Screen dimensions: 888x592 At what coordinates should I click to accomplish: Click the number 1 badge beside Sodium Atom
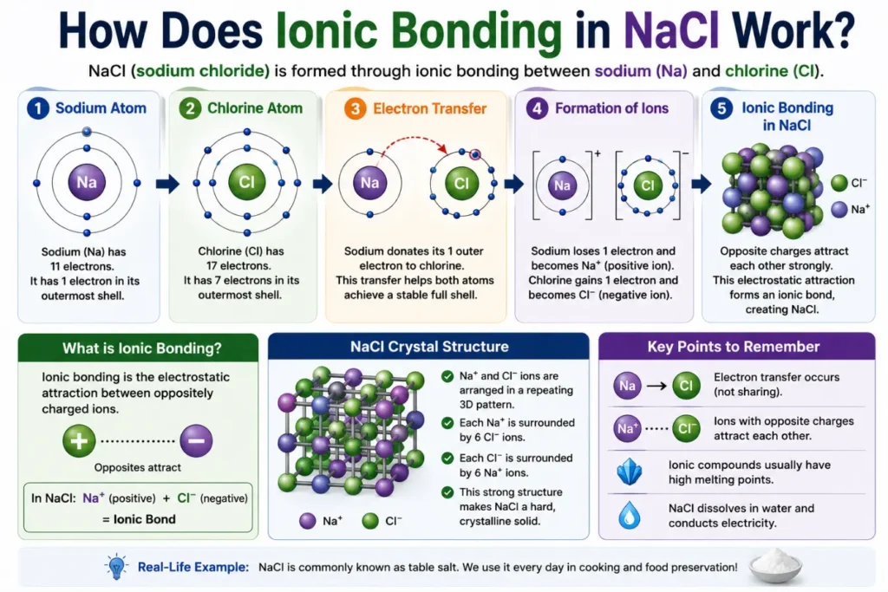point(38,108)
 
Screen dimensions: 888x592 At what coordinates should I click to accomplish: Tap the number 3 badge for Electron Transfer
point(355,108)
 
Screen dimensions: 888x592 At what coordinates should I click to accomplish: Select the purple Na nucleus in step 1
point(87,182)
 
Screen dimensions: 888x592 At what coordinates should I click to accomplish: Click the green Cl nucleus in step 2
point(247,182)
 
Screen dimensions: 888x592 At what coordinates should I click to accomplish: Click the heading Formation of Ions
point(611,108)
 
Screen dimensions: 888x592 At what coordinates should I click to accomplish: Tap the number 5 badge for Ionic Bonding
point(721,108)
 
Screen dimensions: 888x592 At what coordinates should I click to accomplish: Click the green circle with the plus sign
point(79,441)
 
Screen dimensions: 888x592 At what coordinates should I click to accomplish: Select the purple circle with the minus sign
point(197,441)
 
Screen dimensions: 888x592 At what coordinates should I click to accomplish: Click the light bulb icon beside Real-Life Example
point(117,567)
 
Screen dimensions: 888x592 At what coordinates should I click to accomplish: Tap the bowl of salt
point(774,566)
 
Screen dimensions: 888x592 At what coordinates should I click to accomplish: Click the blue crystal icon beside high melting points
point(630,472)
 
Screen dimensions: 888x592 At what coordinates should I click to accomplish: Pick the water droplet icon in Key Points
point(630,515)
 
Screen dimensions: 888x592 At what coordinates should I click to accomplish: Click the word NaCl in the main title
point(671,30)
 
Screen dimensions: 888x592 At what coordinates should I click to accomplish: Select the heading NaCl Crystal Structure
point(429,347)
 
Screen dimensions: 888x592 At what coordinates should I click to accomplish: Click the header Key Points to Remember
point(734,347)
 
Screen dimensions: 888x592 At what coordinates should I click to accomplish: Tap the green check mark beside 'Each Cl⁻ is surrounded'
point(447,458)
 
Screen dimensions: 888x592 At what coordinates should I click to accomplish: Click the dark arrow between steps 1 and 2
point(167,184)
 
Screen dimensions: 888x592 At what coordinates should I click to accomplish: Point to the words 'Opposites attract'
point(138,467)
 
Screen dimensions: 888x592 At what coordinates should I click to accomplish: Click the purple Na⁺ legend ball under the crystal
point(308,521)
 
